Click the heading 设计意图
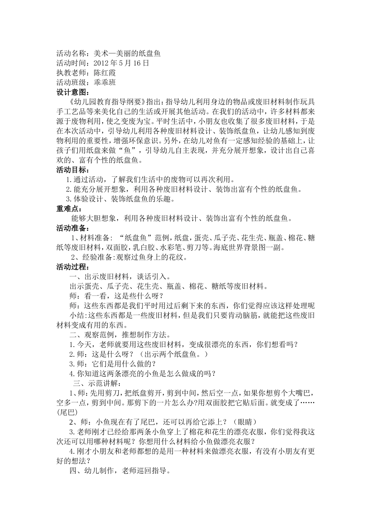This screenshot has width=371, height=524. [72, 92]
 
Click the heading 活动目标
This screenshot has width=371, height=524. [72, 170]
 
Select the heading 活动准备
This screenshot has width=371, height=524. [72, 228]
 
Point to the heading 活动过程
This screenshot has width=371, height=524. [72, 267]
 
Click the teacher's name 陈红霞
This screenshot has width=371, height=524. [105, 73]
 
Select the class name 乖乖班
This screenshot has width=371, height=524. [105, 82]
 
